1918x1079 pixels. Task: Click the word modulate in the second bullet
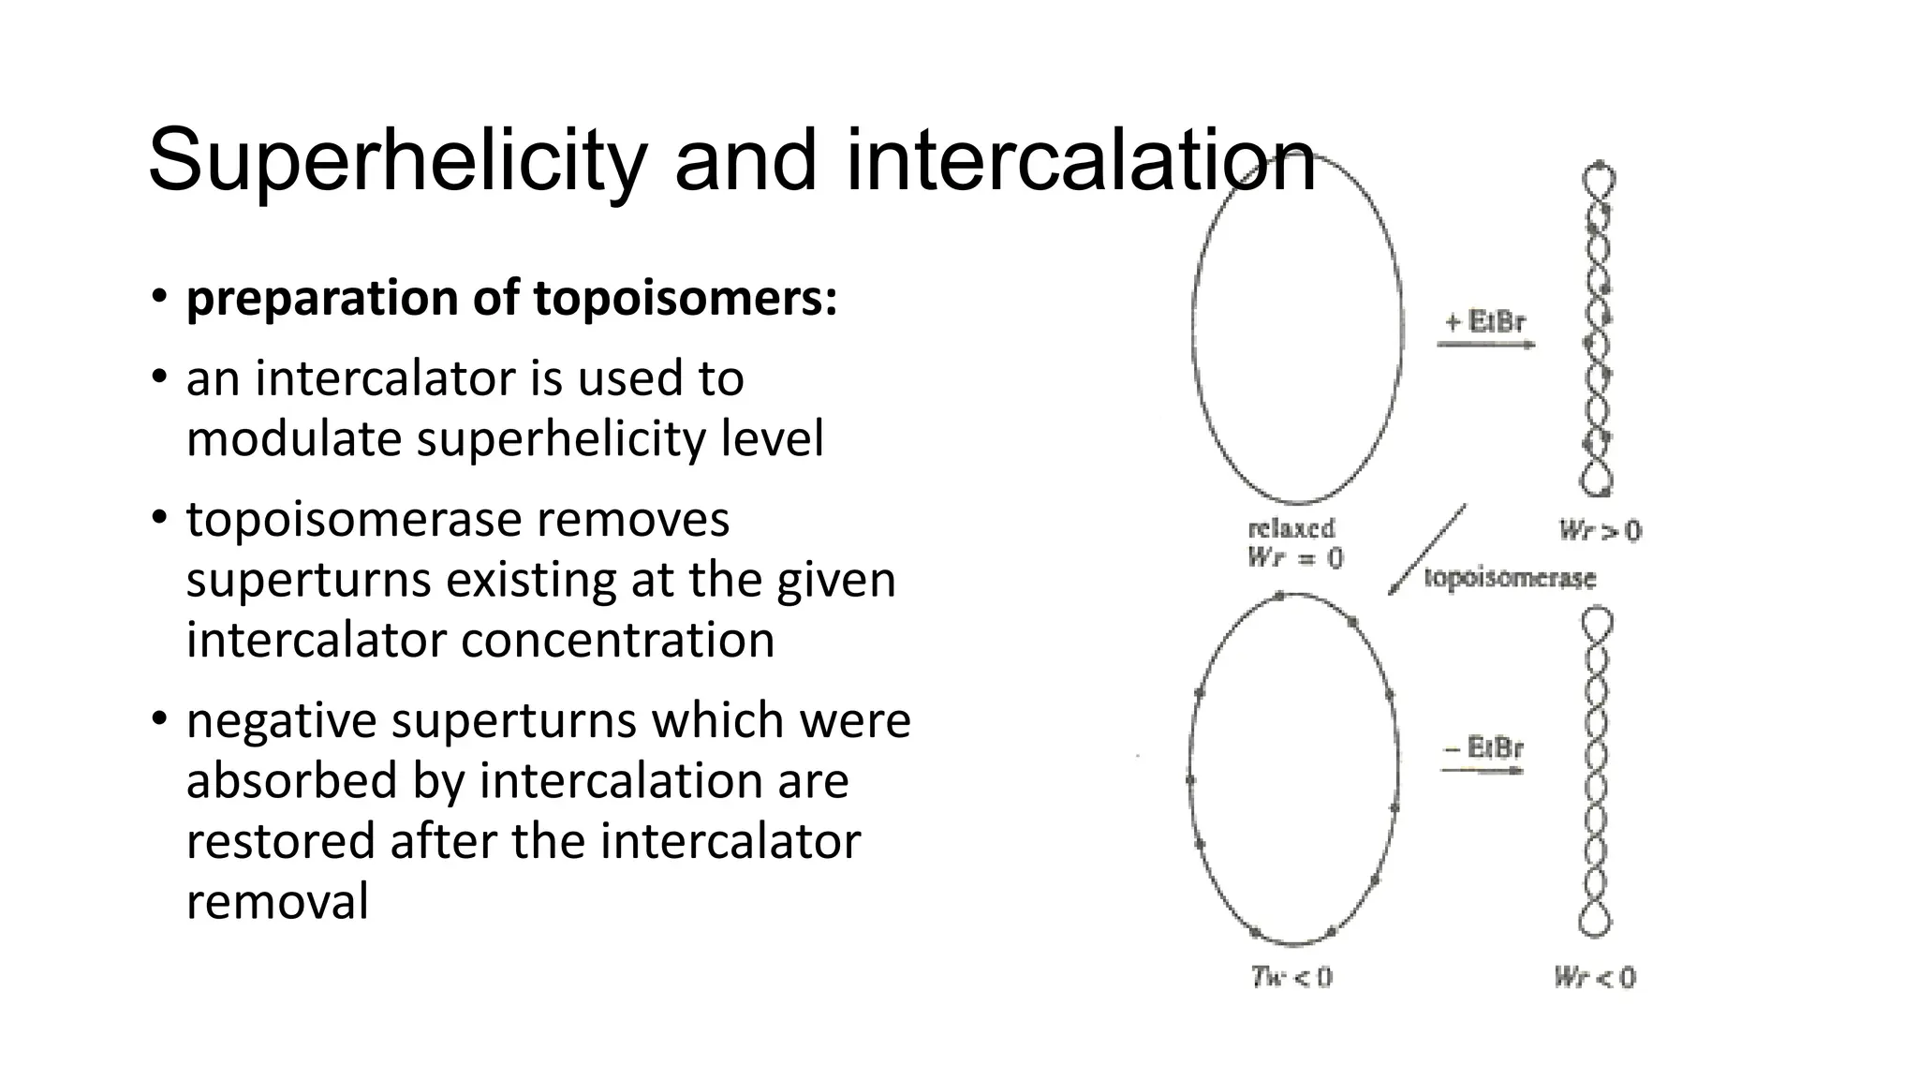pos(294,438)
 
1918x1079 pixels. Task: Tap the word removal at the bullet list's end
pos(277,901)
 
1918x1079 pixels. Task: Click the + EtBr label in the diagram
pos(1485,322)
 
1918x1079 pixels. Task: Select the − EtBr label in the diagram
pos(1484,747)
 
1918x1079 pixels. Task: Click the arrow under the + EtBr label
pos(1485,346)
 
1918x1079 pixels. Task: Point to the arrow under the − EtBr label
pos(1483,771)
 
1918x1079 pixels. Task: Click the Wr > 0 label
pos(1600,531)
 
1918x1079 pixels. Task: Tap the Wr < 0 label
pos(1594,978)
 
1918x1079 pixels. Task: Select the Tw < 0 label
pos(1291,978)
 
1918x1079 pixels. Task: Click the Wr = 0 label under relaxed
pos(1294,558)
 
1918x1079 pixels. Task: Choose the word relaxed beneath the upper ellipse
pos(1291,528)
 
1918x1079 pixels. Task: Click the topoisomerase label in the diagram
pos(1510,578)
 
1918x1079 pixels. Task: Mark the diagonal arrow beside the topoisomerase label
pos(1427,550)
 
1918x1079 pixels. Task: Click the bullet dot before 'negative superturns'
pos(159,719)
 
